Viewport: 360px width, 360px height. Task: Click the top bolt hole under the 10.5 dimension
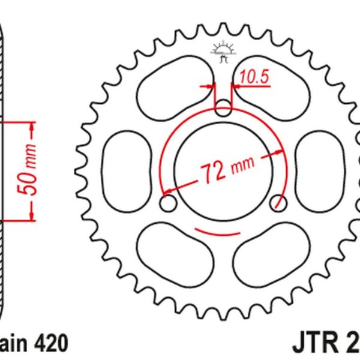(x=223, y=109)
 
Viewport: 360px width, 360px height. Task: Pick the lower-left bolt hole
(x=169, y=204)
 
